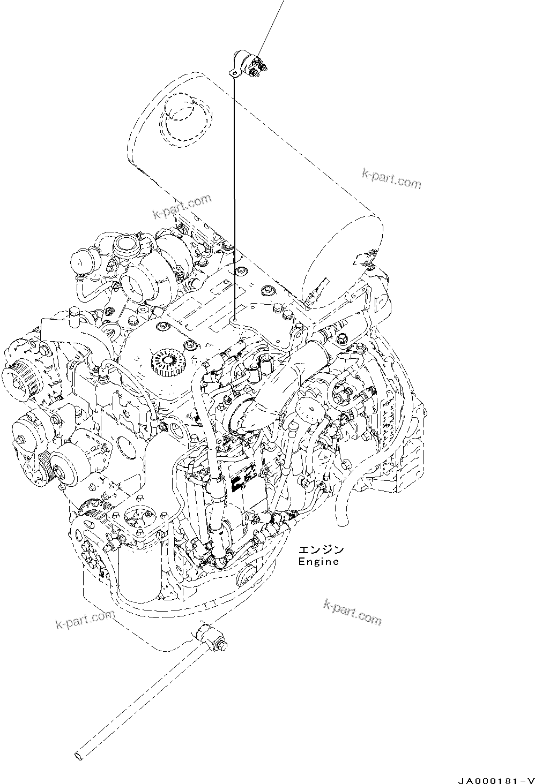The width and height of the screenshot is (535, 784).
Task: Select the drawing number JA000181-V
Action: point(496,780)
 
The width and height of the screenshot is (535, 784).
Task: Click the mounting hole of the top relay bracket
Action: point(234,72)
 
